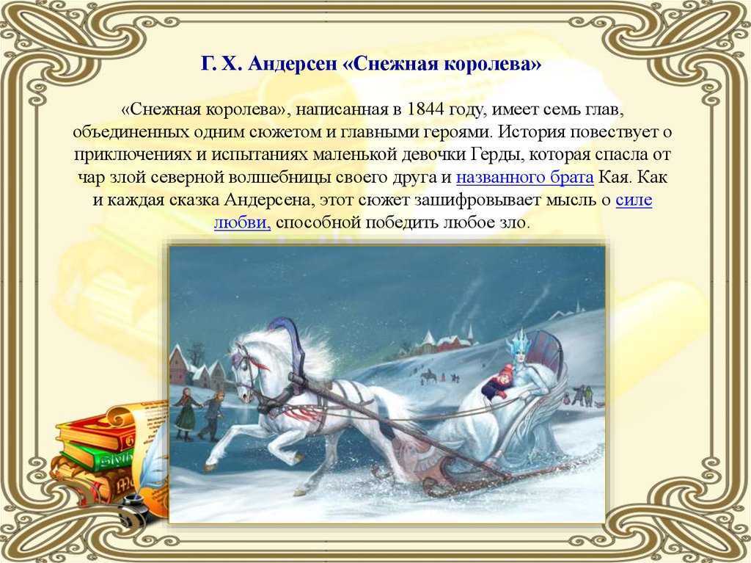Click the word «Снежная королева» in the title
[442, 64]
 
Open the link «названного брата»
[525, 178]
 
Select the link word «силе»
[634, 200]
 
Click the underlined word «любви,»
[242, 223]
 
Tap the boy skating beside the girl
[213, 415]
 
